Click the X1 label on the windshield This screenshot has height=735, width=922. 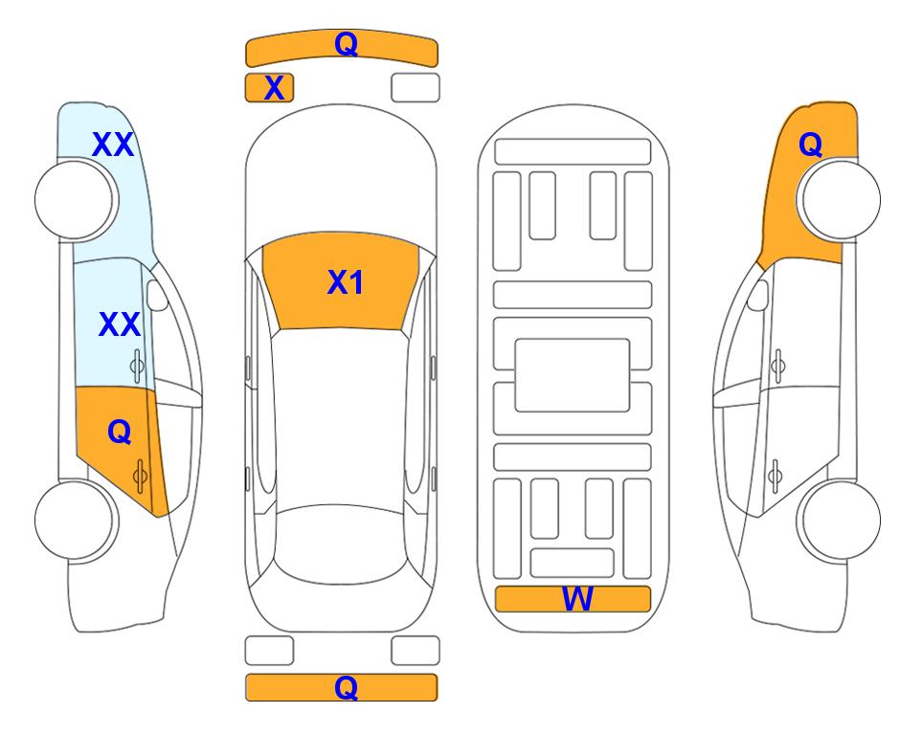pyautogui.click(x=345, y=282)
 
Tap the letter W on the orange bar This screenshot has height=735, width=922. pyautogui.click(x=577, y=599)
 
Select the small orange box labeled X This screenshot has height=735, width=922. pyautogui.click(x=269, y=88)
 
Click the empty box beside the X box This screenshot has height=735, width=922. pyautogui.click(x=416, y=88)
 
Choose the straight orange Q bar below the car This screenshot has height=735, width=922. pyautogui.click(x=341, y=687)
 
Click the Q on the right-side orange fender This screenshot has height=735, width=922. pyautogui.click(x=810, y=145)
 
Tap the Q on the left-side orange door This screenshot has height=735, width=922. pyautogui.click(x=120, y=433)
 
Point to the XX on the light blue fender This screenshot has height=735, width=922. pyautogui.click(x=113, y=145)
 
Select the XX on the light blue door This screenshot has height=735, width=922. pyautogui.click(x=120, y=324)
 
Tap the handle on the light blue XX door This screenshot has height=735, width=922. pyautogui.click(x=136, y=366)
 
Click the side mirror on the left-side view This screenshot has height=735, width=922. pyautogui.click(x=157, y=295)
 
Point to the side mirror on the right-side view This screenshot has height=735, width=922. pyautogui.click(x=758, y=295)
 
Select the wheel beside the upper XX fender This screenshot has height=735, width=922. pyautogui.click(x=74, y=200)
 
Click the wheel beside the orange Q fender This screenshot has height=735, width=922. pyautogui.click(x=842, y=200)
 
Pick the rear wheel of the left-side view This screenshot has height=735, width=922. pyautogui.click(x=74, y=520)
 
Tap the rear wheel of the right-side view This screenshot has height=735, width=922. pyautogui.click(x=842, y=520)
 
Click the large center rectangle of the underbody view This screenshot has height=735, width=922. pyautogui.click(x=573, y=375)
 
